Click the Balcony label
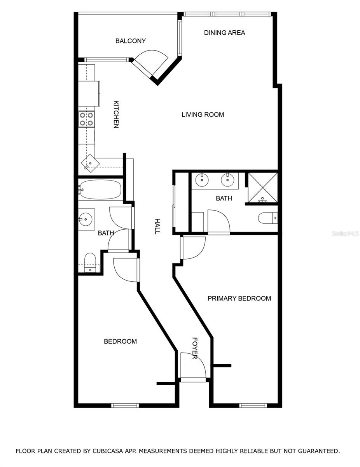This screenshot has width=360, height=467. (130, 41)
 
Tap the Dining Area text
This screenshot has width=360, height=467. (224, 33)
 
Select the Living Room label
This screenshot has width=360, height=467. (203, 114)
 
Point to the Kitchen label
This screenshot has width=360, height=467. (116, 114)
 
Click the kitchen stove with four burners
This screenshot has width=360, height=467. (86, 119)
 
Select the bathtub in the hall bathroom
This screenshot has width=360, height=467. (100, 190)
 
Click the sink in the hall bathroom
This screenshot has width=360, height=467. (86, 219)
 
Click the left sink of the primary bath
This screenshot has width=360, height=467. (202, 180)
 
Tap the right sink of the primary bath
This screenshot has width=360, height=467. (227, 180)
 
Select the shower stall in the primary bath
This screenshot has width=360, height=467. (263, 188)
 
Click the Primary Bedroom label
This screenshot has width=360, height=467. (239, 298)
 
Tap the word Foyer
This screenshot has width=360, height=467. (195, 348)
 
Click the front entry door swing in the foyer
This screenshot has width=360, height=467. (193, 365)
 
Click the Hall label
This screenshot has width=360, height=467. (157, 226)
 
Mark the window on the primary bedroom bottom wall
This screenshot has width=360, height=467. (253, 406)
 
